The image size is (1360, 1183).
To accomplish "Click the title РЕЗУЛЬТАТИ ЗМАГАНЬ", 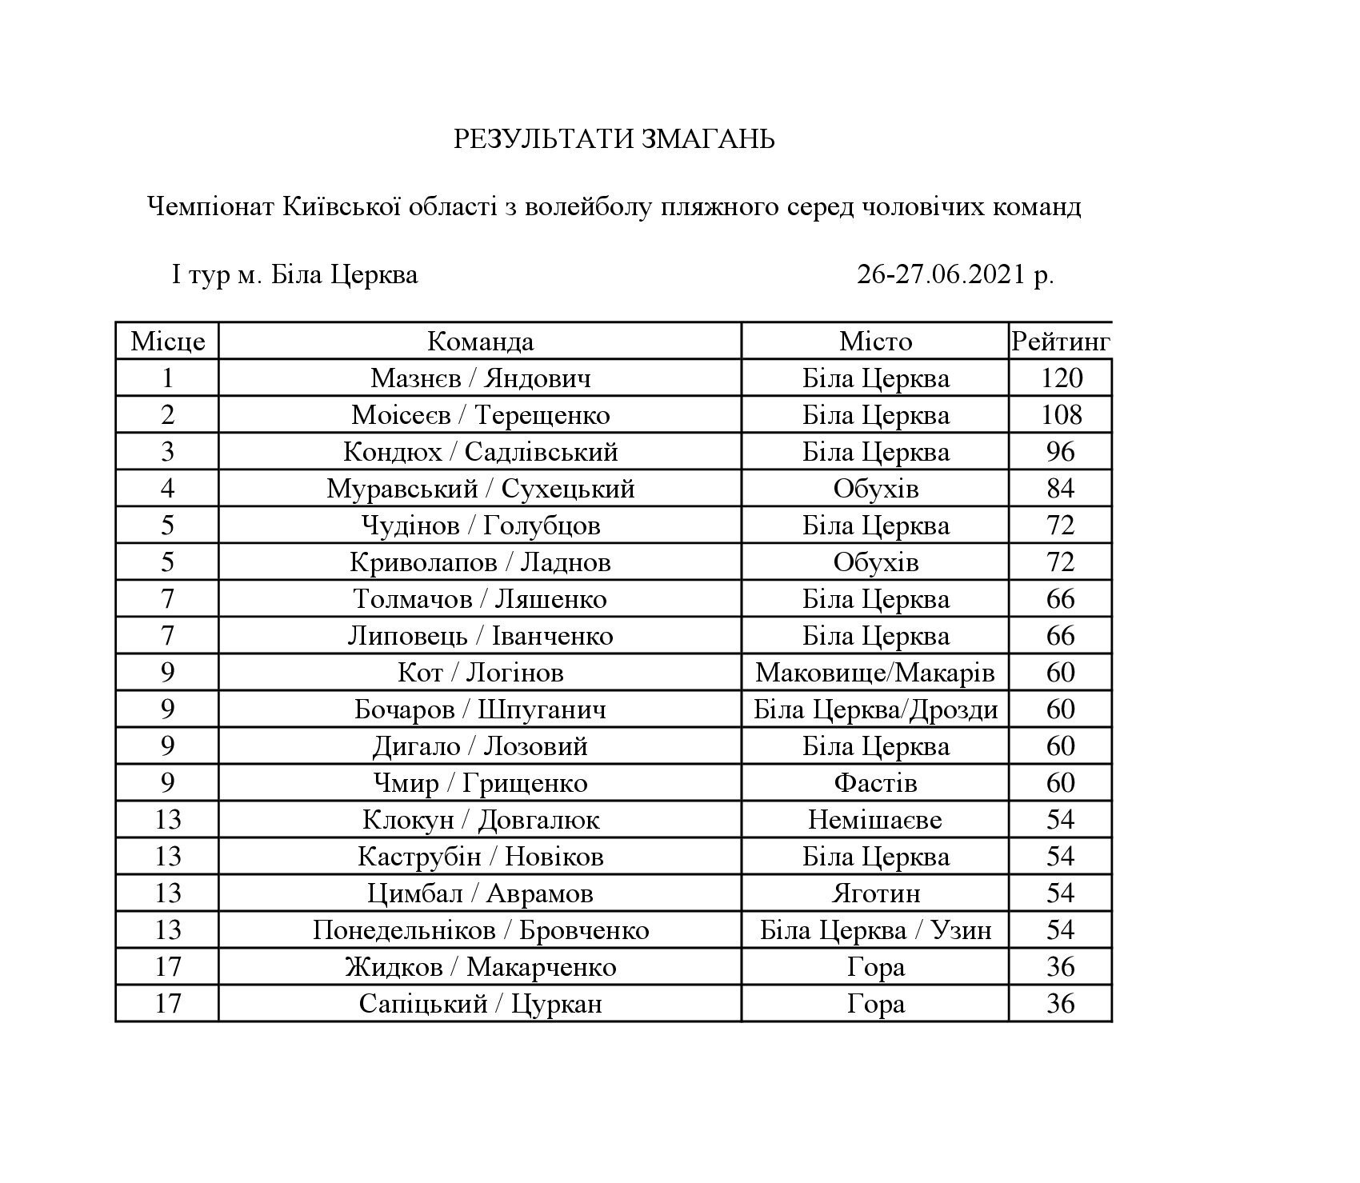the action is click(x=614, y=139).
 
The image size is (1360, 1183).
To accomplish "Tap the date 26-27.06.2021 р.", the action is click(x=955, y=274).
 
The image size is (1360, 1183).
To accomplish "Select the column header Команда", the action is click(x=480, y=342).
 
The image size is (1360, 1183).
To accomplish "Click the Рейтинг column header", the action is click(x=1060, y=342).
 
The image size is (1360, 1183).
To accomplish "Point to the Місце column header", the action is click(x=167, y=342).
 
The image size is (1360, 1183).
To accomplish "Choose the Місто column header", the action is click(x=875, y=342).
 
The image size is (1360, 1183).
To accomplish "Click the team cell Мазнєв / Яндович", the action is click(x=480, y=378).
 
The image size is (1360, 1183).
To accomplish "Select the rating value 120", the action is click(x=1061, y=378).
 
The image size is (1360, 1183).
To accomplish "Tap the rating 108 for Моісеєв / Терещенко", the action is click(x=1061, y=415).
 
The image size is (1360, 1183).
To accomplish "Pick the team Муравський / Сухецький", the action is click(x=480, y=489).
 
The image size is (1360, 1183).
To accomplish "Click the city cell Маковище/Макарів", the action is click(x=875, y=673).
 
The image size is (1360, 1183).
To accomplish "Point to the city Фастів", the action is click(x=875, y=783).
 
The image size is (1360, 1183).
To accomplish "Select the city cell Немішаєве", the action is click(x=875, y=820).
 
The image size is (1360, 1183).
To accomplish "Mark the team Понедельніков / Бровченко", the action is click(x=480, y=930).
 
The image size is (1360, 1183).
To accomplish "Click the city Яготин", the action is click(x=875, y=893).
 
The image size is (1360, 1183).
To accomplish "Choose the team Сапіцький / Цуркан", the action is click(x=480, y=1004).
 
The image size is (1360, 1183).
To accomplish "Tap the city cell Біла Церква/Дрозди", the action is click(x=875, y=709).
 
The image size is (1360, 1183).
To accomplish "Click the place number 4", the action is click(x=167, y=489).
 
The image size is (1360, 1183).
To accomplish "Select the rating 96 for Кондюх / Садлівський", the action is click(x=1061, y=452).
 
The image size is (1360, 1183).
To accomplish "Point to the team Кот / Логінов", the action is click(x=480, y=673).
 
